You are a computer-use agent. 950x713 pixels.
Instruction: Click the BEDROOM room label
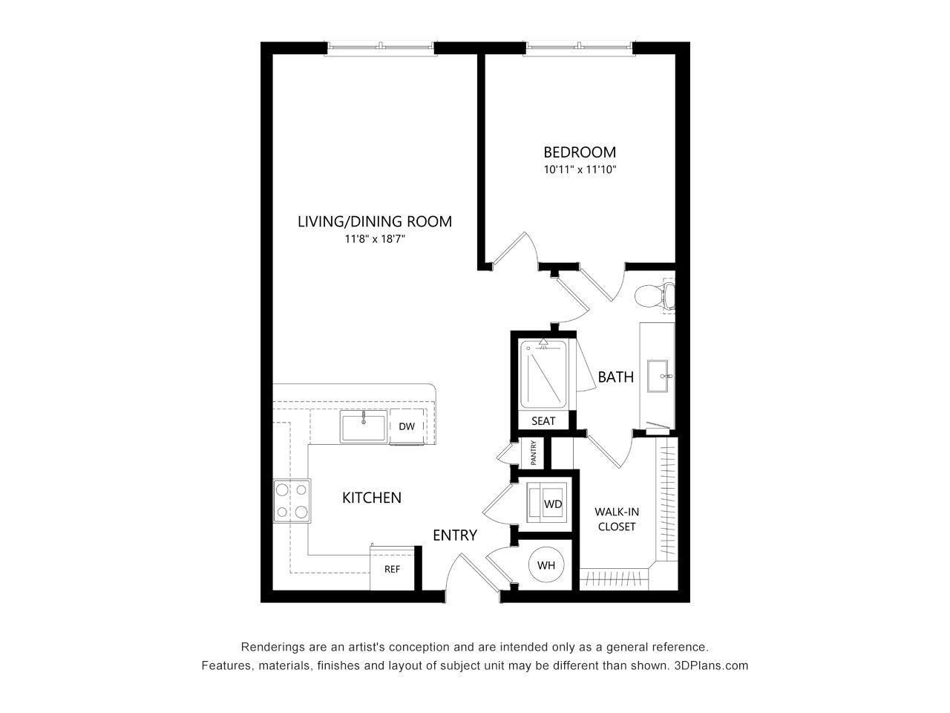(x=580, y=152)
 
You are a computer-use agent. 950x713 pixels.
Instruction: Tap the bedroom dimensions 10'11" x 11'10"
(x=580, y=169)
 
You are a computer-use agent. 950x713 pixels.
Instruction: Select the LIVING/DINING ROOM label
(x=374, y=221)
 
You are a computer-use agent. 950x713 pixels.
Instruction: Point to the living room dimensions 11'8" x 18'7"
(x=374, y=238)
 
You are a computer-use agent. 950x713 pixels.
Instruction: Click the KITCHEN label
(x=372, y=498)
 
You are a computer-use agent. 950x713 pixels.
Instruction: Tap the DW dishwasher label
(x=407, y=426)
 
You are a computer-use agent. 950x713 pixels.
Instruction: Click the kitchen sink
(x=363, y=426)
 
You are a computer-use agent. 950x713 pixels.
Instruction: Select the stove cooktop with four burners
(x=292, y=501)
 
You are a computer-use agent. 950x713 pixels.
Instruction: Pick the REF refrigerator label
(x=392, y=569)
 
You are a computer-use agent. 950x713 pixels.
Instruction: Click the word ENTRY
(x=455, y=535)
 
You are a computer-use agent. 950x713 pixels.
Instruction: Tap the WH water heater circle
(x=546, y=565)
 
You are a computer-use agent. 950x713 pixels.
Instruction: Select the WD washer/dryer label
(x=553, y=504)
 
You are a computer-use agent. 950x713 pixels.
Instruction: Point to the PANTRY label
(x=533, y=453)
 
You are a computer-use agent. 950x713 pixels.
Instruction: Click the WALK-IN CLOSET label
(x=617, y=519)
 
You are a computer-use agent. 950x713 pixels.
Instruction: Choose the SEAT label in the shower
(x=543, y=421)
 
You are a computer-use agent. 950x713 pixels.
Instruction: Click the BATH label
(x=615, y=377)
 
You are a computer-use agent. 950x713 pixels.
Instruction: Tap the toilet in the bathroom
(x=655, y=296)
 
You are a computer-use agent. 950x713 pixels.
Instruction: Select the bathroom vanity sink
(x=658, y=376)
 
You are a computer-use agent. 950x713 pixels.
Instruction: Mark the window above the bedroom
(x=579, y=48)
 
